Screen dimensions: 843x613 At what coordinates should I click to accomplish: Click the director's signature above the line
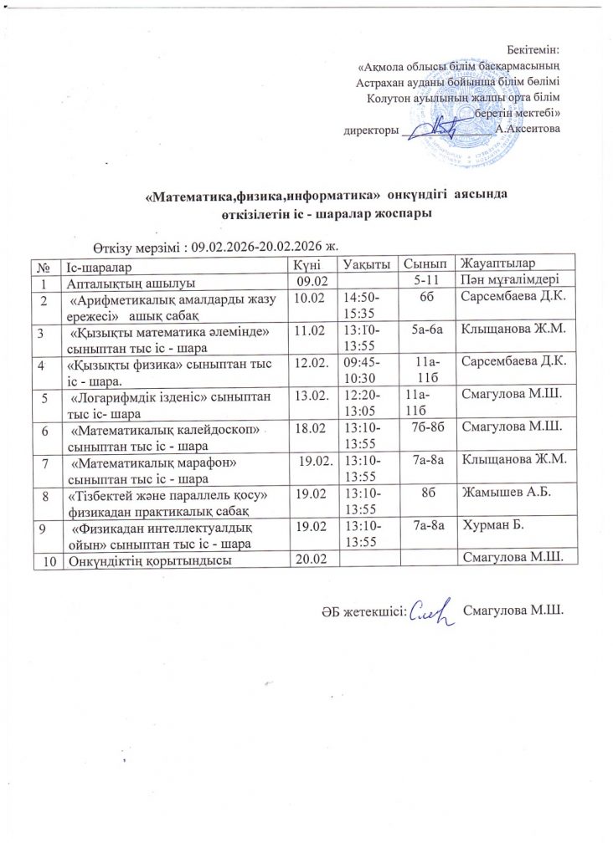coord(440,126)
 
